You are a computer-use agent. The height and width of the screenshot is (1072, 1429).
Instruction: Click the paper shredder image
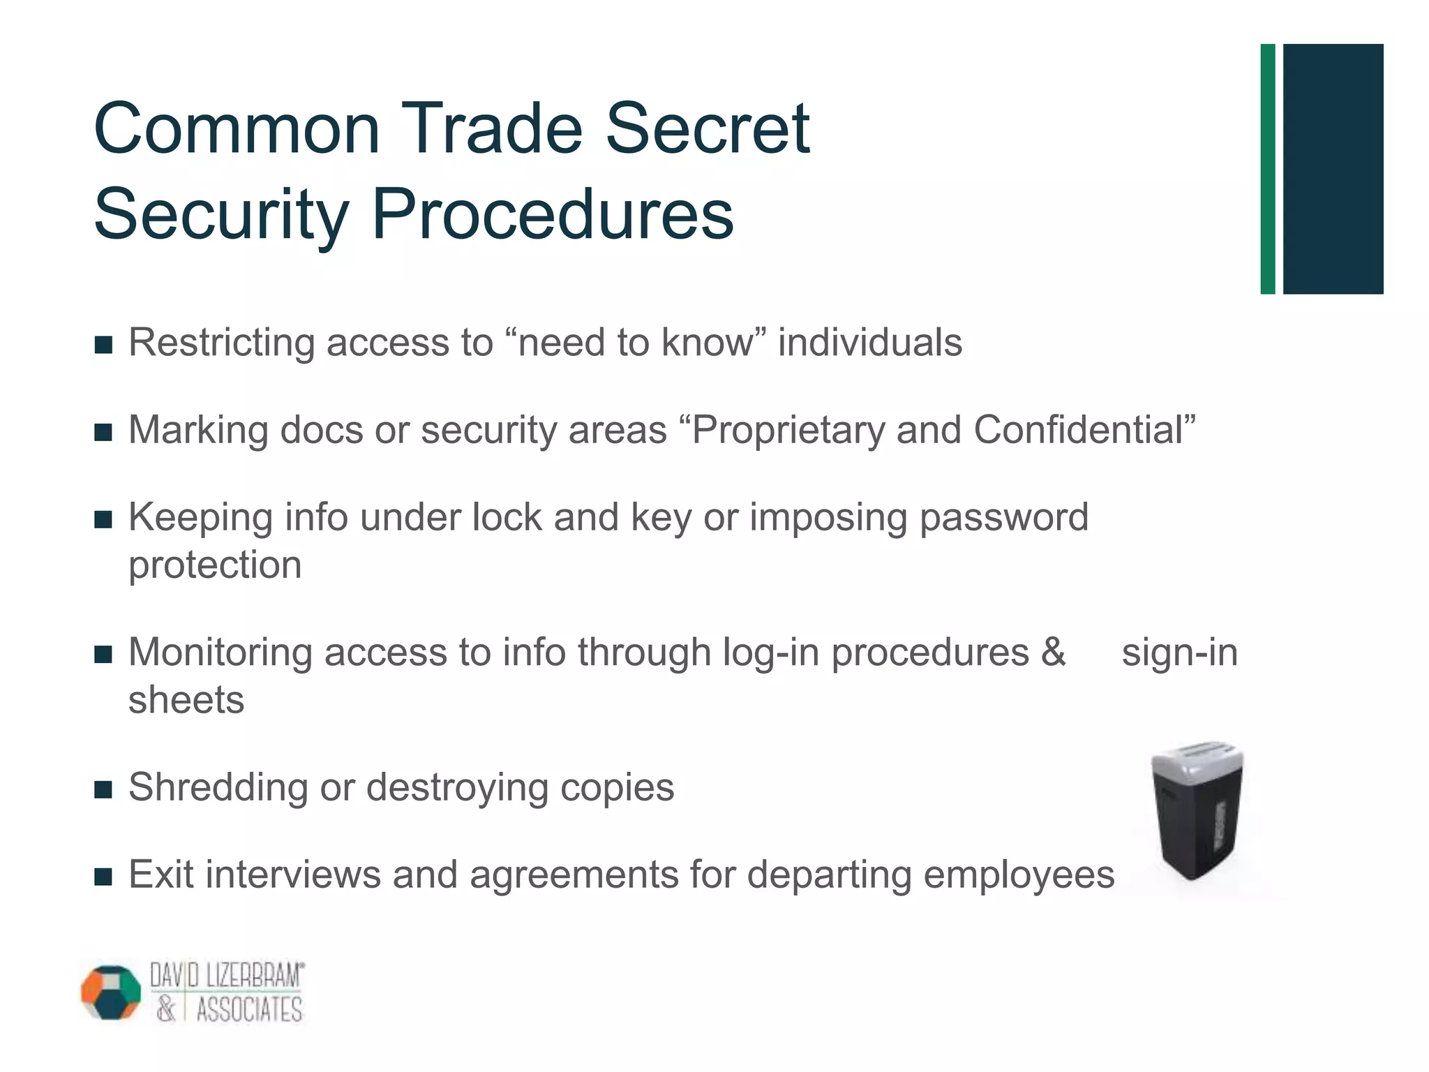click(x=1196, y=810)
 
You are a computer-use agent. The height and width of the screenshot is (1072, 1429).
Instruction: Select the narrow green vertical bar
click(x=1267, y=169)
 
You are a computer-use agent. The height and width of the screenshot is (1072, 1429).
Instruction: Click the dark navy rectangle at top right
click(x=1333, y=169)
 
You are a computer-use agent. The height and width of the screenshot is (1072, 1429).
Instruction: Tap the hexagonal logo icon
click(x=111, y=992)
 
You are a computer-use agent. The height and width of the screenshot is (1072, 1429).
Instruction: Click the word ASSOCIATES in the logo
click(x=249, y=1010)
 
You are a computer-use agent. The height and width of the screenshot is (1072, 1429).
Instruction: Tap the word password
click(x=1003, y=518)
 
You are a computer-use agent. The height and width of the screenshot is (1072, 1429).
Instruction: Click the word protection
click(x=215, y=565)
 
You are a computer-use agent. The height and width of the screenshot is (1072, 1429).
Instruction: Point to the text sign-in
click(x=1179, y=653)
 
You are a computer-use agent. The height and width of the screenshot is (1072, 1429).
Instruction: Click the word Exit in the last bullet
click(x=161, y=874)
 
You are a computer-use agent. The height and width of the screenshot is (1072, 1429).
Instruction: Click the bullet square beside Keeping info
click(x=103, y=520)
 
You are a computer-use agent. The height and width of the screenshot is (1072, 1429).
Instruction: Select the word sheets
click(x=186, y=700)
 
